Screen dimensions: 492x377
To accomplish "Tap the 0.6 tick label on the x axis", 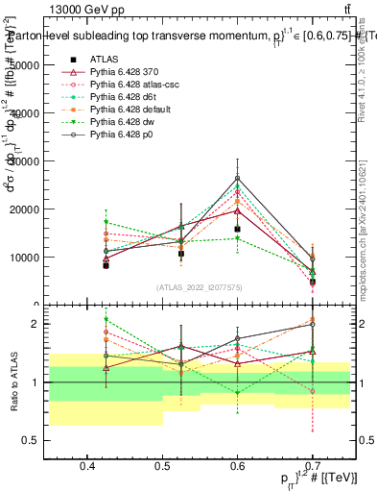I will click(237, 465).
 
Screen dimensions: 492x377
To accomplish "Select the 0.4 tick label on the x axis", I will click(87, 465).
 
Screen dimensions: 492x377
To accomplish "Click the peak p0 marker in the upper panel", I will click(237, 178).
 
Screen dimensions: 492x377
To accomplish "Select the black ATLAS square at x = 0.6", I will click(237, 229).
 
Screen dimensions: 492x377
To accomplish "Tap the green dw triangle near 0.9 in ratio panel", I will click(237, 392).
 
